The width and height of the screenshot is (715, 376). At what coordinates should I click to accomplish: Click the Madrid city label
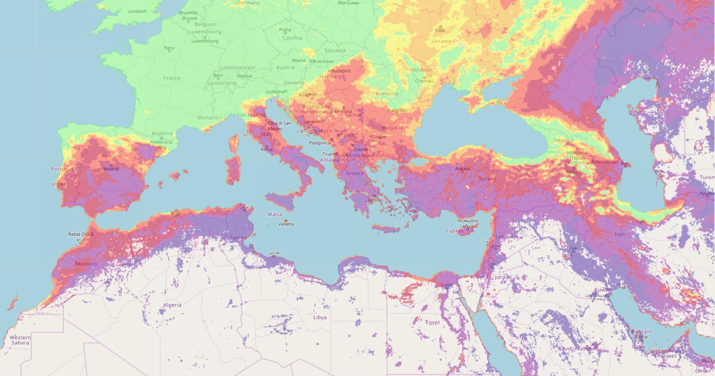[111, 169]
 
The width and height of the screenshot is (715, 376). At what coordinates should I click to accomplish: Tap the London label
[136, 11]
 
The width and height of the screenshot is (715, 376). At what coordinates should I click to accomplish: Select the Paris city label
[169, 48]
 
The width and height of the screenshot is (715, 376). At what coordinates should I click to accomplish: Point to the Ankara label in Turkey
[462, 169]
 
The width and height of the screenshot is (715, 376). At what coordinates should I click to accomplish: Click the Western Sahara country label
[20, 340]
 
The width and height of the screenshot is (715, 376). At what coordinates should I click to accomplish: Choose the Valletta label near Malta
[286, 224]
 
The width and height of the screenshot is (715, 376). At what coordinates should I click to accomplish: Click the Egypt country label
[433, 322]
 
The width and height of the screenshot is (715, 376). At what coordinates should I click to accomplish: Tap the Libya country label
[320, 317]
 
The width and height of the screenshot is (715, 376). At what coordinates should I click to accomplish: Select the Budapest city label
[341, 71]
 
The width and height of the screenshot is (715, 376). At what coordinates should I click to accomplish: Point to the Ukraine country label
[441, 41]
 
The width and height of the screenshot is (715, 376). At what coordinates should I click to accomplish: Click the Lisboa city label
[59, 184]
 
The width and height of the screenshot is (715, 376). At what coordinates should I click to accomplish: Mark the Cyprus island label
[455, 231]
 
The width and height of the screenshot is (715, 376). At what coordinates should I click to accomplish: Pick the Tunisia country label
[238, 238]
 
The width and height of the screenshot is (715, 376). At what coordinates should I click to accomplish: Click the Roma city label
[267, 149]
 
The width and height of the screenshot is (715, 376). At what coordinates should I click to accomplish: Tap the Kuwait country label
[602, 290]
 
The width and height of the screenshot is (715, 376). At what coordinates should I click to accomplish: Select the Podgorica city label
[319, 143]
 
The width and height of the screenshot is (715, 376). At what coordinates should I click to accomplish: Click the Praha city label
[285, 30]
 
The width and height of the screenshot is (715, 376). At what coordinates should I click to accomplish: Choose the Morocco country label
[86, 264]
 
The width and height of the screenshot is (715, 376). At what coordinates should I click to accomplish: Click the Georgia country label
[563, 140]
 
